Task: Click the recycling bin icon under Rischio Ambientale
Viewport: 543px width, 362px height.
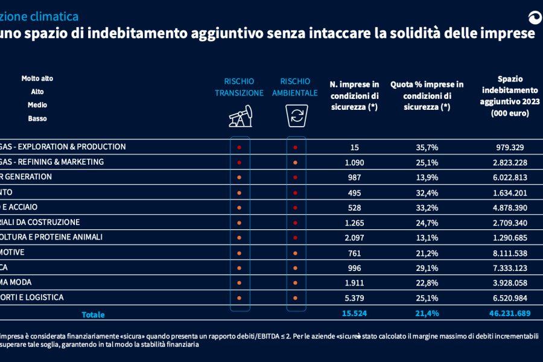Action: pos(295,115)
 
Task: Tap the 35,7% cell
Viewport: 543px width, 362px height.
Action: pos(427,147)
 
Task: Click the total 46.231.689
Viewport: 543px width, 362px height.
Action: pos(507,313)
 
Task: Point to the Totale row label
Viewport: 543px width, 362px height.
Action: pos(93,314)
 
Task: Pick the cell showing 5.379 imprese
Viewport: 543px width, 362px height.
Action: pos(355,297)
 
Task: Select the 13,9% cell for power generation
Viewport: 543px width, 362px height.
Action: pos(427,177)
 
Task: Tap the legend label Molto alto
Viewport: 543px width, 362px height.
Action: pos(37,78)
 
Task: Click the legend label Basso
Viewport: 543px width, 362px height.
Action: pos(37,118)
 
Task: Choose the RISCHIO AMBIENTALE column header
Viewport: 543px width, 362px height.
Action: pos(295,87)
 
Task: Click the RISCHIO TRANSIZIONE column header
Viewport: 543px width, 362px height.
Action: pos(240,87)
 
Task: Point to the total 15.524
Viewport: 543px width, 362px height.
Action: pos(355,313)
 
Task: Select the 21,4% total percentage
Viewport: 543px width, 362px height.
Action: pos(427,313)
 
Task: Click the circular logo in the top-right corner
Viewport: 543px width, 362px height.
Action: pos(535,17)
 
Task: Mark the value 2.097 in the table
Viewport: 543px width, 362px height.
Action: pos(355,237)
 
